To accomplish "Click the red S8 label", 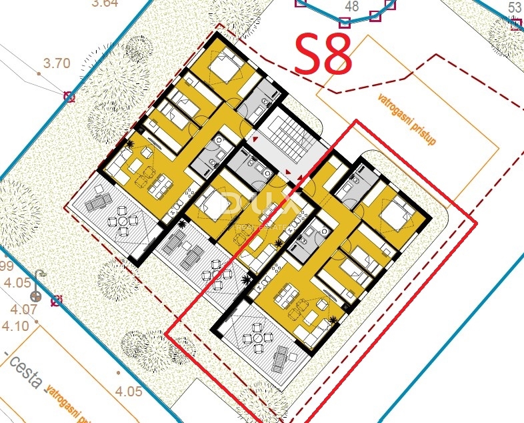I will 323,55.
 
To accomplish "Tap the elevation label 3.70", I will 56,64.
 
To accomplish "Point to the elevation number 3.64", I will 104,3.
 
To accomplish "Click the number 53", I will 515,7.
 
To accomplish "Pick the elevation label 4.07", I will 23,309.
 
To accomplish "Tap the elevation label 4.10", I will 15,326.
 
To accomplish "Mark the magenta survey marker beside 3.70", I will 68,97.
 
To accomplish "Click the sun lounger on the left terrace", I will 95,198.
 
